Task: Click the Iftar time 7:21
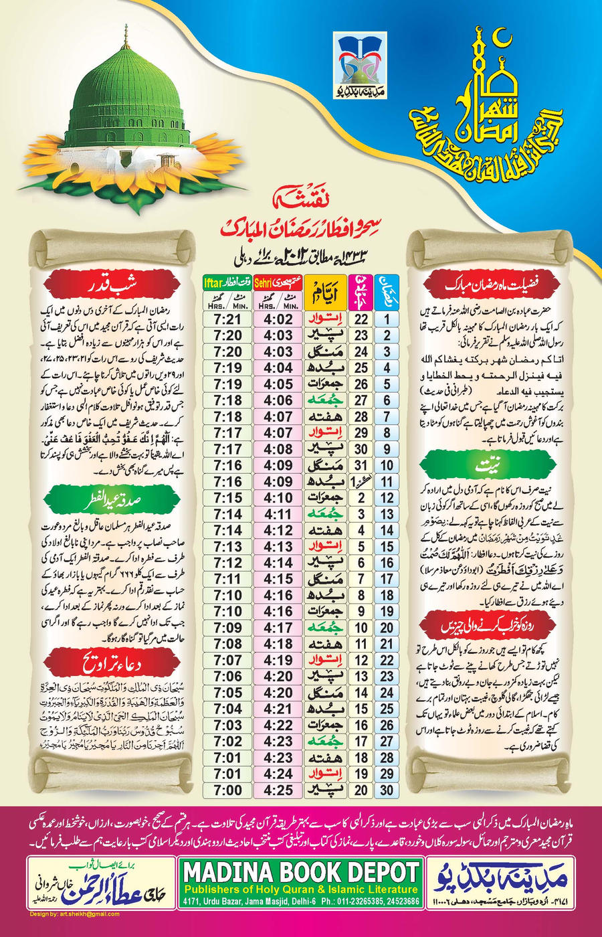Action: tap(228, 319)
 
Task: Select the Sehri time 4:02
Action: tap(278, 319)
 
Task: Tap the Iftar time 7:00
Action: tap(228, 790)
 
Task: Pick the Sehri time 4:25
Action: tap(278, 790)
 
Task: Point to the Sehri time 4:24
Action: tap(278, 774)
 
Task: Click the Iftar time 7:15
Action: tap(228, 498)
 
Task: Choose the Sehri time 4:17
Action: tap(278, 628)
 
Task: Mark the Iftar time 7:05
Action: tap(228, 693)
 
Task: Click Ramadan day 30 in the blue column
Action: tap(387, 790)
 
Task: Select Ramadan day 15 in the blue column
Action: tap(387, 547)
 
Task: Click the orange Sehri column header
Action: tap(265, 282)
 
